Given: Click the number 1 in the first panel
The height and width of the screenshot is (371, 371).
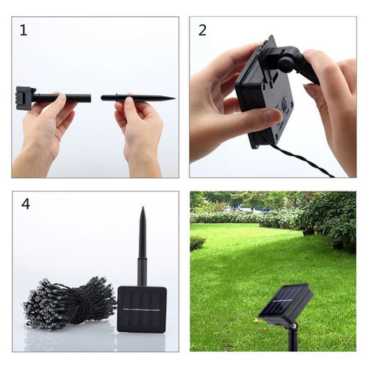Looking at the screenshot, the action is coord(23,30).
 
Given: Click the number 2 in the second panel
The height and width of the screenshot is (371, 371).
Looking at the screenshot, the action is coord(202,31).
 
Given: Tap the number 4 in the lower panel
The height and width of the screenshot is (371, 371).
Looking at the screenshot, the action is coord(26,204).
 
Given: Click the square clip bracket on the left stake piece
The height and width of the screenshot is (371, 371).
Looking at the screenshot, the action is coord(25,98).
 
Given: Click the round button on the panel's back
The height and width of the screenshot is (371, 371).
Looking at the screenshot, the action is coord(286,104).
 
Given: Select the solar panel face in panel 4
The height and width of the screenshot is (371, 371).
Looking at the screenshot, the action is coord(142,310).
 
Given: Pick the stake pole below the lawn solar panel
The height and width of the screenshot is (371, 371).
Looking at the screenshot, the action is coord(293,338).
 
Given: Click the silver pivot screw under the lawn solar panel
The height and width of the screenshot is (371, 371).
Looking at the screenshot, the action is coord(294,326).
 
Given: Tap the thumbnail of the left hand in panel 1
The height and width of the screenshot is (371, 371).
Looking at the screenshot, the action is coord(62,98).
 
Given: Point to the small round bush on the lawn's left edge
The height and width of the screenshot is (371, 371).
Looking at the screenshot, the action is coord(197,243).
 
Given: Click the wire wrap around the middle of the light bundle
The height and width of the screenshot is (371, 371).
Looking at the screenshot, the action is coord(81,303).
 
